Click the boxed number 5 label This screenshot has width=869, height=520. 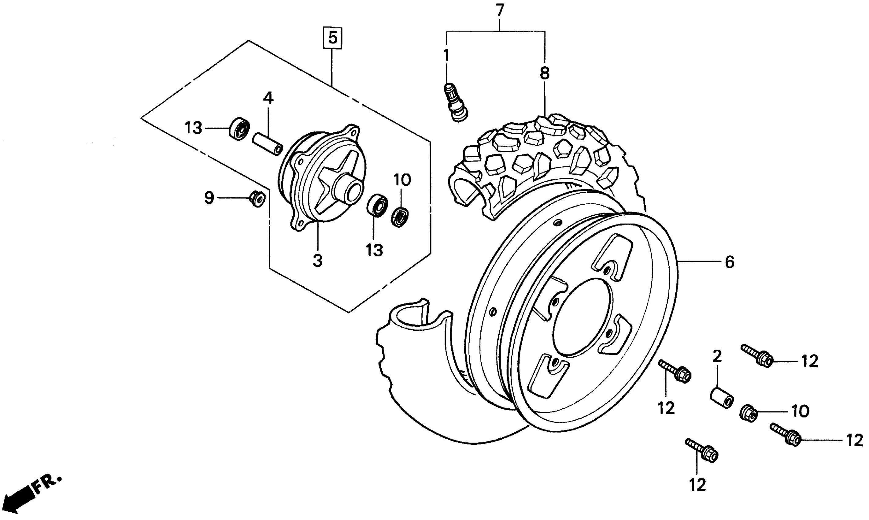point(332,38)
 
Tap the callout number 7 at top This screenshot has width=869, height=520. point(499,10)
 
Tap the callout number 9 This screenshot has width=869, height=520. point(209,198)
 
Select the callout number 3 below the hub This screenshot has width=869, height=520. point(317,261)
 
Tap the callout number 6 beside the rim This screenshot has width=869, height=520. point(729,262)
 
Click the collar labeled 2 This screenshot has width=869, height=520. point(722,397)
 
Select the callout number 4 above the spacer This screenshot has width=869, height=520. point(268,98)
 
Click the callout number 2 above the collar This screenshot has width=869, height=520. point(717,357)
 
